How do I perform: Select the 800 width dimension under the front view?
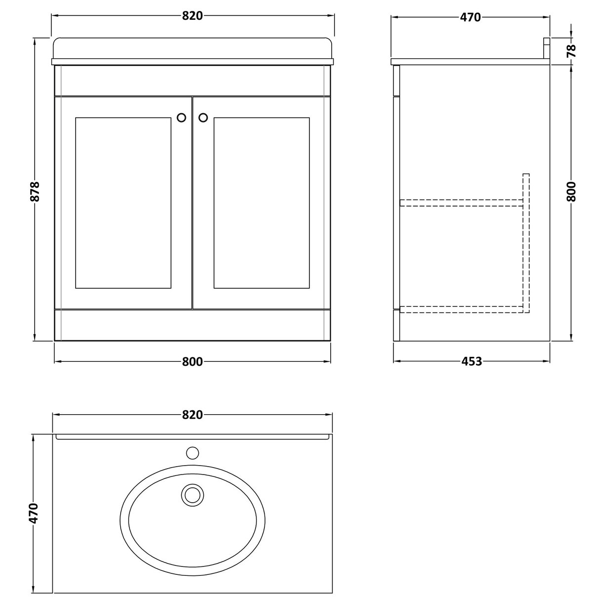(192, 362)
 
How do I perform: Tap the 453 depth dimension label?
(472, 362)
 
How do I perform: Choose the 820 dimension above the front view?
(193, 16)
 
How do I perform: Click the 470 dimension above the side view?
(470, 17)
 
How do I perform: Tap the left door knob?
(181, 117)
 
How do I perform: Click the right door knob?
(203, 117)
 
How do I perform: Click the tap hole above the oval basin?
(192, 452)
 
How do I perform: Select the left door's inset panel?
(123, 203)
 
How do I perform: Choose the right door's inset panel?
(261, 203)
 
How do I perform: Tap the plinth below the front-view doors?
(192, 325)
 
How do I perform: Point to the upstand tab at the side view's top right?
(547, 48)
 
